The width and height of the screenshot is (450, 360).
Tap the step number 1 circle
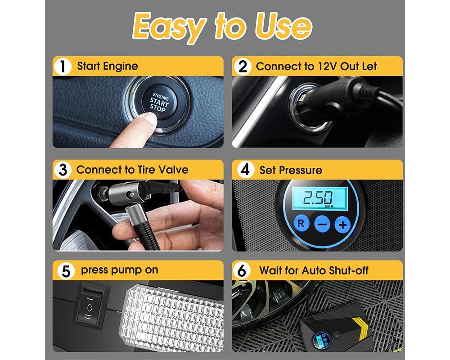click(63, 67)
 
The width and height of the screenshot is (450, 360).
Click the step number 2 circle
click(243, 67)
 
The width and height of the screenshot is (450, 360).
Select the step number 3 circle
click(63, 171)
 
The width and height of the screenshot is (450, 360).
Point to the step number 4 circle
click(245, 171)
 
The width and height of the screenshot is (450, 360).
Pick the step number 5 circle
click(66, 271)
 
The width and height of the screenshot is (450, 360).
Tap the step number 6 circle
click(243, 271)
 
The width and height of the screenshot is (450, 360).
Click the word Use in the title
click(283, 27)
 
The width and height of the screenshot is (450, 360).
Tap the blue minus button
click(322, 224)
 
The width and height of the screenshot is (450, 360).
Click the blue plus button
click(342, 225)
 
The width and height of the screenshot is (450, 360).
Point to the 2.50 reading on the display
click(318, 197)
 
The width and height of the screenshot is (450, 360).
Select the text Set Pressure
click(291, 170)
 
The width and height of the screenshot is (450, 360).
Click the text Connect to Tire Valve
click(132, 170)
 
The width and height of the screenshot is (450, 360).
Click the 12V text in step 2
click(326, 67)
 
